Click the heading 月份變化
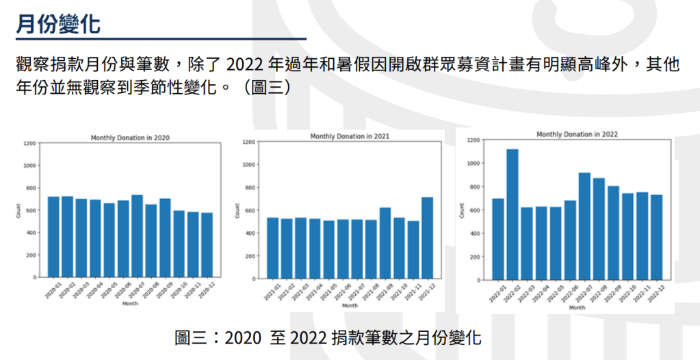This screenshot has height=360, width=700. pyautogui.click(x=58, y=24)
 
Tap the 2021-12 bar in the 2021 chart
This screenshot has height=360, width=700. pyautogui.click(x=428, y=237)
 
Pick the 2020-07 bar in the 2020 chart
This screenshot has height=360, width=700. pyautogui.click(x=137, y=235)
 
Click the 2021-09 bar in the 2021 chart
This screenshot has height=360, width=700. pyautogui.click(x=385, y=242)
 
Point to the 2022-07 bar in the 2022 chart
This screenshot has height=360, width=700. pyautogui.click(x=584, y=226)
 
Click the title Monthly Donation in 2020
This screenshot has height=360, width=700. pyautogui.click(x=130, y=138)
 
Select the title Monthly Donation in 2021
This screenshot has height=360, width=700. pyautogui.click(x=350, y=137)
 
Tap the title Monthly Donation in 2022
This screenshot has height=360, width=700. pyautogui.click(x=577, y=135)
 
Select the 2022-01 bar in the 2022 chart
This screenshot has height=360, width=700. pyautogui.click(x=497, y=239)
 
